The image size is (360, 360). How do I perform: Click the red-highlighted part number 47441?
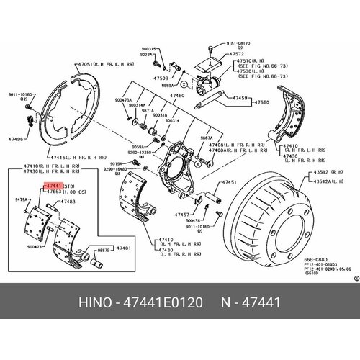click(54, 186)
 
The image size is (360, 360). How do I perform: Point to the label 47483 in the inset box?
click(68, 202)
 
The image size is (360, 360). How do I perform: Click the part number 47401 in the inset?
click(123, 248)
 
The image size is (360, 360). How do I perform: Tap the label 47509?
click(160, 77)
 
